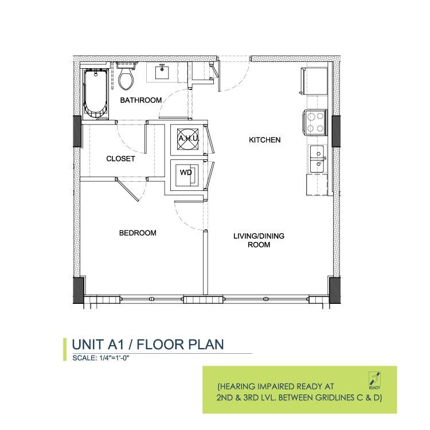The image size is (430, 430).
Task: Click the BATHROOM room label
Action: click(141, 100)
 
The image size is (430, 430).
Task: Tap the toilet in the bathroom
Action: click(126, 76)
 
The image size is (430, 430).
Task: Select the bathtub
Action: click(95, 93)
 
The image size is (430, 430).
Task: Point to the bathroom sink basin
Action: click(162, 72)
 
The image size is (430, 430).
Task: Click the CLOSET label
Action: click(120, 159)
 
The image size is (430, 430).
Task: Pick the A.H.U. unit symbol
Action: click(188, 139)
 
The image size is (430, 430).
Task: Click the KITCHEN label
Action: click(265, 140)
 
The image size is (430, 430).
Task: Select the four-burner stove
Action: click(315, 122)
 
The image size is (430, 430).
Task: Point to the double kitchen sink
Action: click(317, 159)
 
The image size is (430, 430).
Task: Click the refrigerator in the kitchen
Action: click(314, 81)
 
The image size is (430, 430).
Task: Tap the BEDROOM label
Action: click(138, 233)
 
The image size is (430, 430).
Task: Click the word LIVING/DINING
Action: click(259, 236)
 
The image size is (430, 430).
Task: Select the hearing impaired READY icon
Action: click(374, 380)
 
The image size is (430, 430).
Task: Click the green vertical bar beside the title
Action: click(65, 349)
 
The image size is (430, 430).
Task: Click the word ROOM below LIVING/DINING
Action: click(259, 245)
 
